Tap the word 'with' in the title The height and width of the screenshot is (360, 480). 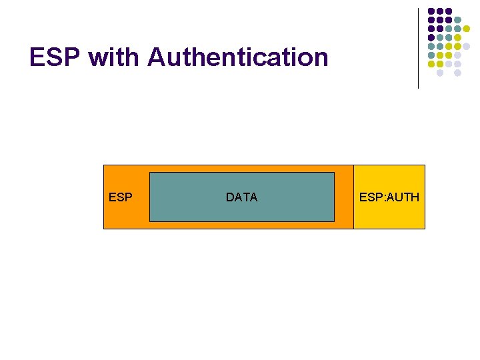click(x=114, y=57)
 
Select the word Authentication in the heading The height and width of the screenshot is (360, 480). click(x=238, y=57)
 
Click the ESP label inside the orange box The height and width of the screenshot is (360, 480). click(x=120, y=197)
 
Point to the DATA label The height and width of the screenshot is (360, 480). click(x=241, y=197)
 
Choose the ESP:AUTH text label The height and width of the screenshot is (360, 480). click(x=389, y=197)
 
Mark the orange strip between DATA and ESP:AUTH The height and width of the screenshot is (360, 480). click(x=343, y=197)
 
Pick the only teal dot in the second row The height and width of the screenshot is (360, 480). click(x=457, y=20)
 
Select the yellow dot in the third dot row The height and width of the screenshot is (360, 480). click(x=466, y=29)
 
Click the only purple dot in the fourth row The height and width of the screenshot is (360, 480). click(x=431, y=37)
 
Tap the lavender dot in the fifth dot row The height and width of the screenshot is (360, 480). click(x=466, y=46)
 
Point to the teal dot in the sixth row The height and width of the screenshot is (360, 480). click(x=431, y=55)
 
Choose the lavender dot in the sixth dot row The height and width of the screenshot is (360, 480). click(x=457, y=55)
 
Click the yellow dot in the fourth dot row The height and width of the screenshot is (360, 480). click(x=457, y=37)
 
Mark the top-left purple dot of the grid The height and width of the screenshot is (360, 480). click(x=431, y=11)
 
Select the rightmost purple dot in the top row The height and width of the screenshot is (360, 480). click(x=449, y=11)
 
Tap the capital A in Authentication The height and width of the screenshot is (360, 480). click(x=156, y=57)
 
